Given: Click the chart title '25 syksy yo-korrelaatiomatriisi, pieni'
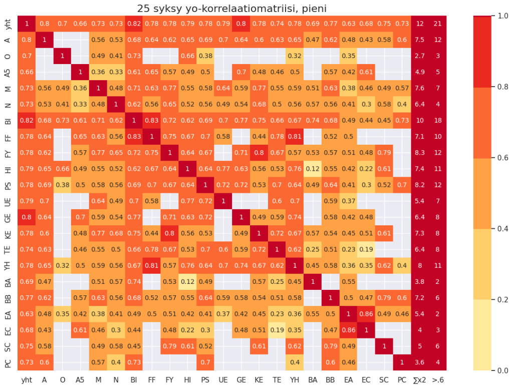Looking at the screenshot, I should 232,9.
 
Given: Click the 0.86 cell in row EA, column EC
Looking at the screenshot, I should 366,315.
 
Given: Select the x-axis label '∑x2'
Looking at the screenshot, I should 420,380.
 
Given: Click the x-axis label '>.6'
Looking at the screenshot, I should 437,380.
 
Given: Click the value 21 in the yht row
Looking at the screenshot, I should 437,23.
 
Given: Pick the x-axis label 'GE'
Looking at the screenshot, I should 241,380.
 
